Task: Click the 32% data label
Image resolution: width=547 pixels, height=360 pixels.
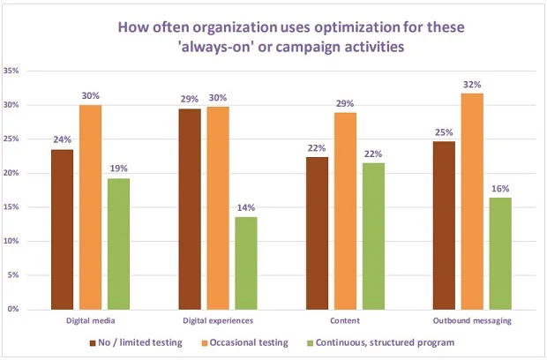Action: click(473, 85)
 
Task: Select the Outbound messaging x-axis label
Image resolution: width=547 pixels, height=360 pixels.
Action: click(471, 319)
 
